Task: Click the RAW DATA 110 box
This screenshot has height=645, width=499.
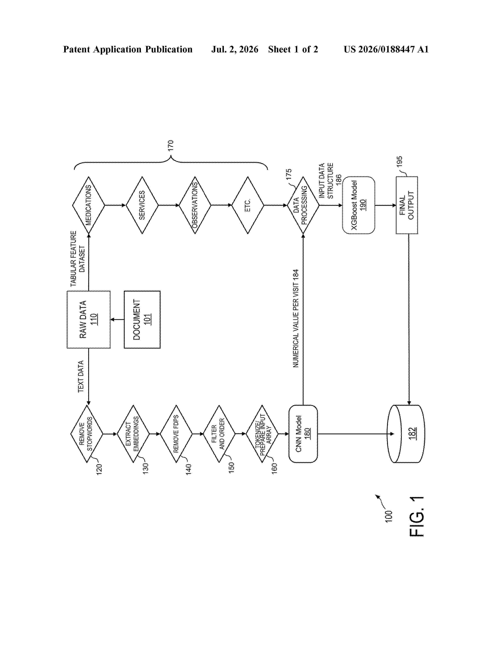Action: (89, 320)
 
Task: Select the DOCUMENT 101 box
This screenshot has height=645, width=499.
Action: (142, 320)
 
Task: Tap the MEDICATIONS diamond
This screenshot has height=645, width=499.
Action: (89, 205)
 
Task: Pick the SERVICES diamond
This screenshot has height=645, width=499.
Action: (142, 205)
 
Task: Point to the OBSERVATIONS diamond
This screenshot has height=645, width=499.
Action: (195, 205)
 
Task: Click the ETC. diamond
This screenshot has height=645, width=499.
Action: (248, 205)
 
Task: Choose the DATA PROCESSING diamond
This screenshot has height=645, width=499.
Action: (303, 205)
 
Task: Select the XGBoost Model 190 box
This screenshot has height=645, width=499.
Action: (358, 205)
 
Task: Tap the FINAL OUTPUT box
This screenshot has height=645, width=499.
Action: (407, 205)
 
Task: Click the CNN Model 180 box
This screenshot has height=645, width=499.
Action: (303, 434)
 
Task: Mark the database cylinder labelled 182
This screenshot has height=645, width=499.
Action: (406, 434)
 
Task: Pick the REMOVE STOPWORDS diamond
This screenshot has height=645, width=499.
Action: (87, 434)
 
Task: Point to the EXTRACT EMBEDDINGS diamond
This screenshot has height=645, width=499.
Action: (133, 434)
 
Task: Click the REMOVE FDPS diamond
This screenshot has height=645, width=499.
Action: (176, 434)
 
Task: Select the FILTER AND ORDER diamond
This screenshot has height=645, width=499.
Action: (219, 434)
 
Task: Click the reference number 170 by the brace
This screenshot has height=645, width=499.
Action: (171, 146)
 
